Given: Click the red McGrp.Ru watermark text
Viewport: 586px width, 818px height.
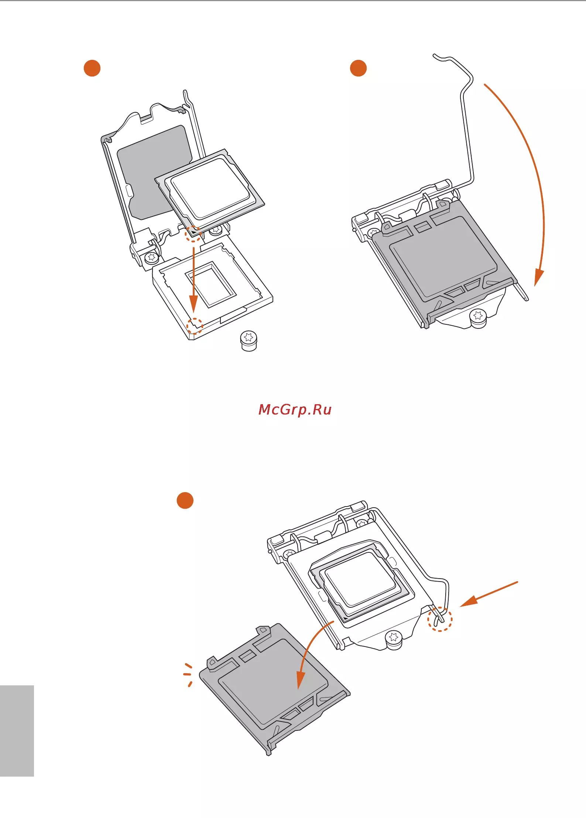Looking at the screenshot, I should [295, 409].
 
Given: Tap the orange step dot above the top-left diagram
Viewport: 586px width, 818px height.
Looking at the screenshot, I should [92, 68].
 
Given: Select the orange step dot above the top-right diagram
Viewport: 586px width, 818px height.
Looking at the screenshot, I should [358, 68].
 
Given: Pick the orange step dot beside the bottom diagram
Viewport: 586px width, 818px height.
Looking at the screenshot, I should [185, 500].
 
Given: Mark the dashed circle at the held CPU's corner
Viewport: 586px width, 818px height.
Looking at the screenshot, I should [193, 234].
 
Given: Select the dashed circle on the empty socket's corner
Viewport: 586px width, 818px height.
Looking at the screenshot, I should [195, 326].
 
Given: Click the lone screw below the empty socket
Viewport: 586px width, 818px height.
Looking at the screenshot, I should [249, 341].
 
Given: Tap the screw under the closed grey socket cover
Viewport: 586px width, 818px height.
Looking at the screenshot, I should [478, 318].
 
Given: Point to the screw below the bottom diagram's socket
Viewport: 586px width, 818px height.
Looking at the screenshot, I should [394, 640].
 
